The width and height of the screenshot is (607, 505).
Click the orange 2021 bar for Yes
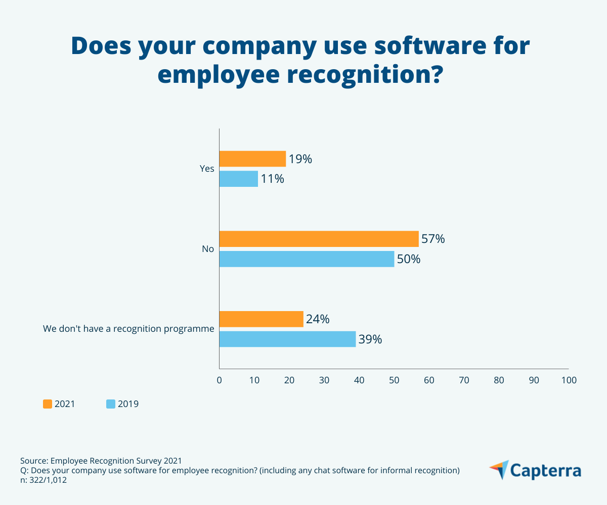[252, 159]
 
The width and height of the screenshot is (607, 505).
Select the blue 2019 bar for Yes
[239, 179]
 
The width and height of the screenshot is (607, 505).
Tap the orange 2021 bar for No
[319, 239]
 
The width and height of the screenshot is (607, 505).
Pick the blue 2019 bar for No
[307, 259]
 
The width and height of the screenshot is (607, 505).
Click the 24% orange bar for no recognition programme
[261, 319]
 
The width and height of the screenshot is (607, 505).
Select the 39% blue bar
[287, 339]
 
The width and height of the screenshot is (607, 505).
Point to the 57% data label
[433, 239]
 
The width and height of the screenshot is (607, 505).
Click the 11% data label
[272, 179]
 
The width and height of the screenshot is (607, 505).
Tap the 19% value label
[300, 159]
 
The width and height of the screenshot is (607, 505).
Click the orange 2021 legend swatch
[48, 404]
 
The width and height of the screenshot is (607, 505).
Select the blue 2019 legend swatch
[111, 404]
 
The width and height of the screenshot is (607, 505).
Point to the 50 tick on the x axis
[394, 380]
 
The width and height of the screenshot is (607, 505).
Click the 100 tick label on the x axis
[569, 380]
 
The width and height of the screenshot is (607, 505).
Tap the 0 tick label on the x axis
[219, 380]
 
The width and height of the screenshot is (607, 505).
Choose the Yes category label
[207, 169]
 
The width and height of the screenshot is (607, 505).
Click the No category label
[208, 249]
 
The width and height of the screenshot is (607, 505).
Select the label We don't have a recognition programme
[128, 329]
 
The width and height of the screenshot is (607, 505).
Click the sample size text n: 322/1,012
[44, 480]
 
